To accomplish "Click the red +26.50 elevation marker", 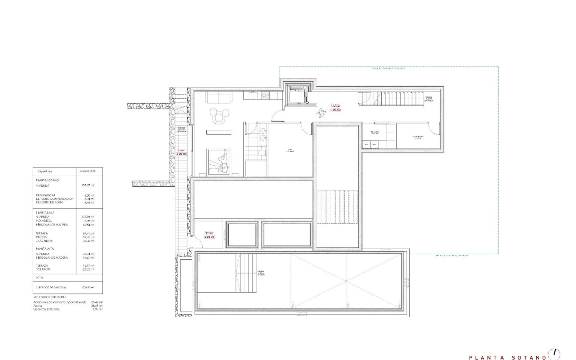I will (335, 110).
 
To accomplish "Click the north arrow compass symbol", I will (554, 354).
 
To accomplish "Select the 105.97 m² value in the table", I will (87, 185).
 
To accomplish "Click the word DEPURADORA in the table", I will (46, 195).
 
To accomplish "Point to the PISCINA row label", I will (43, 237).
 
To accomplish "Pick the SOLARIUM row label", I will (44, 269).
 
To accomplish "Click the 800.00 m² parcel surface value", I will (88, 287).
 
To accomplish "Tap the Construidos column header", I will (88, 171).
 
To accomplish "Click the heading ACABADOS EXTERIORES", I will (49, 297).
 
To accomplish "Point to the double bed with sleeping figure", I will (219, 161).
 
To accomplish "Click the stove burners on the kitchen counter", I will (266, 95).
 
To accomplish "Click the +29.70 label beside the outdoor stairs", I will (181, 154).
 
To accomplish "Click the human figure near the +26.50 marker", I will (322, 111).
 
